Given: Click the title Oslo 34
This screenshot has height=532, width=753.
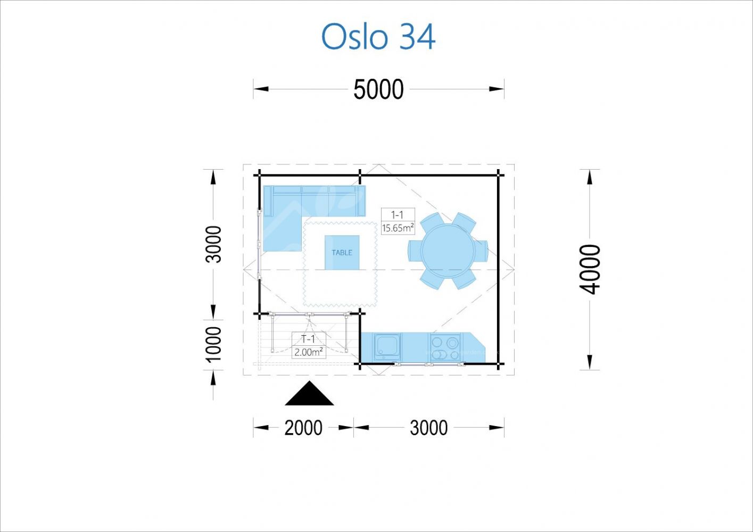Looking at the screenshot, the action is click(378, 37).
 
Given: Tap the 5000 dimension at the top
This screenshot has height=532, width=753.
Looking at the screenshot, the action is click(378, 89).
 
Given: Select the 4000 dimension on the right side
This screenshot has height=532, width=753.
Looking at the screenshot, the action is click(590, 269).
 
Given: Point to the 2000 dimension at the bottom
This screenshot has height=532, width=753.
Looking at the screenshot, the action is click(303, 428).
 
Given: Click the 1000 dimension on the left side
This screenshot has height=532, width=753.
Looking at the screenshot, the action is click(214, 345).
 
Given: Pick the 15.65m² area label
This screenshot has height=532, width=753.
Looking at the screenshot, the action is click(398, 228).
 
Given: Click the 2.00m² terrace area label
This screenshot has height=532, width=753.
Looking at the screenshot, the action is click(309, 352).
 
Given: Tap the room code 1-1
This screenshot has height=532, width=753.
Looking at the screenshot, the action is click(397, 214).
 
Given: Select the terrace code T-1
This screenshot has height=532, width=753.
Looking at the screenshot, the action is click(308, 339).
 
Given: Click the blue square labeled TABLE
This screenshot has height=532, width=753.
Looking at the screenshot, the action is click(342, 252).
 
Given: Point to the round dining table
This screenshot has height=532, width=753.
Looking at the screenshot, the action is click(448, 251).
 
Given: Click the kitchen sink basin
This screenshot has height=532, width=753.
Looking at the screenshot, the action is click(387, 346).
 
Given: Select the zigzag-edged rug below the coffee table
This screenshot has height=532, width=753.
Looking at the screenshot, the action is click(340, 264).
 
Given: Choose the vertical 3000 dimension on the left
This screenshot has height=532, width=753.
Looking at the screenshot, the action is click(214, 244).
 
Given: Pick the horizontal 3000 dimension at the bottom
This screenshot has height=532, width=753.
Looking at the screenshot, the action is click(428, 428).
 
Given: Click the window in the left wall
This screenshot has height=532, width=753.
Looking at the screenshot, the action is click(259, 244).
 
